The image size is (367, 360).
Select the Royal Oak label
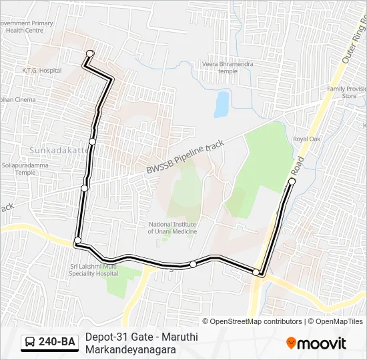(307, 139)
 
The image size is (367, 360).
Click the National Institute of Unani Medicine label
(172, 228)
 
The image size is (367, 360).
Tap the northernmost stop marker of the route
(90, 53)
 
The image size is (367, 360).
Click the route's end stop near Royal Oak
(292, 181)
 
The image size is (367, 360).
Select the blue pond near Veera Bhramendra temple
(222, 103)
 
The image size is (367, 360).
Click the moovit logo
(316, 343)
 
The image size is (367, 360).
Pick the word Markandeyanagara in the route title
(126, 349)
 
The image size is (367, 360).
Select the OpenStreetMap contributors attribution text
(257, 321)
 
